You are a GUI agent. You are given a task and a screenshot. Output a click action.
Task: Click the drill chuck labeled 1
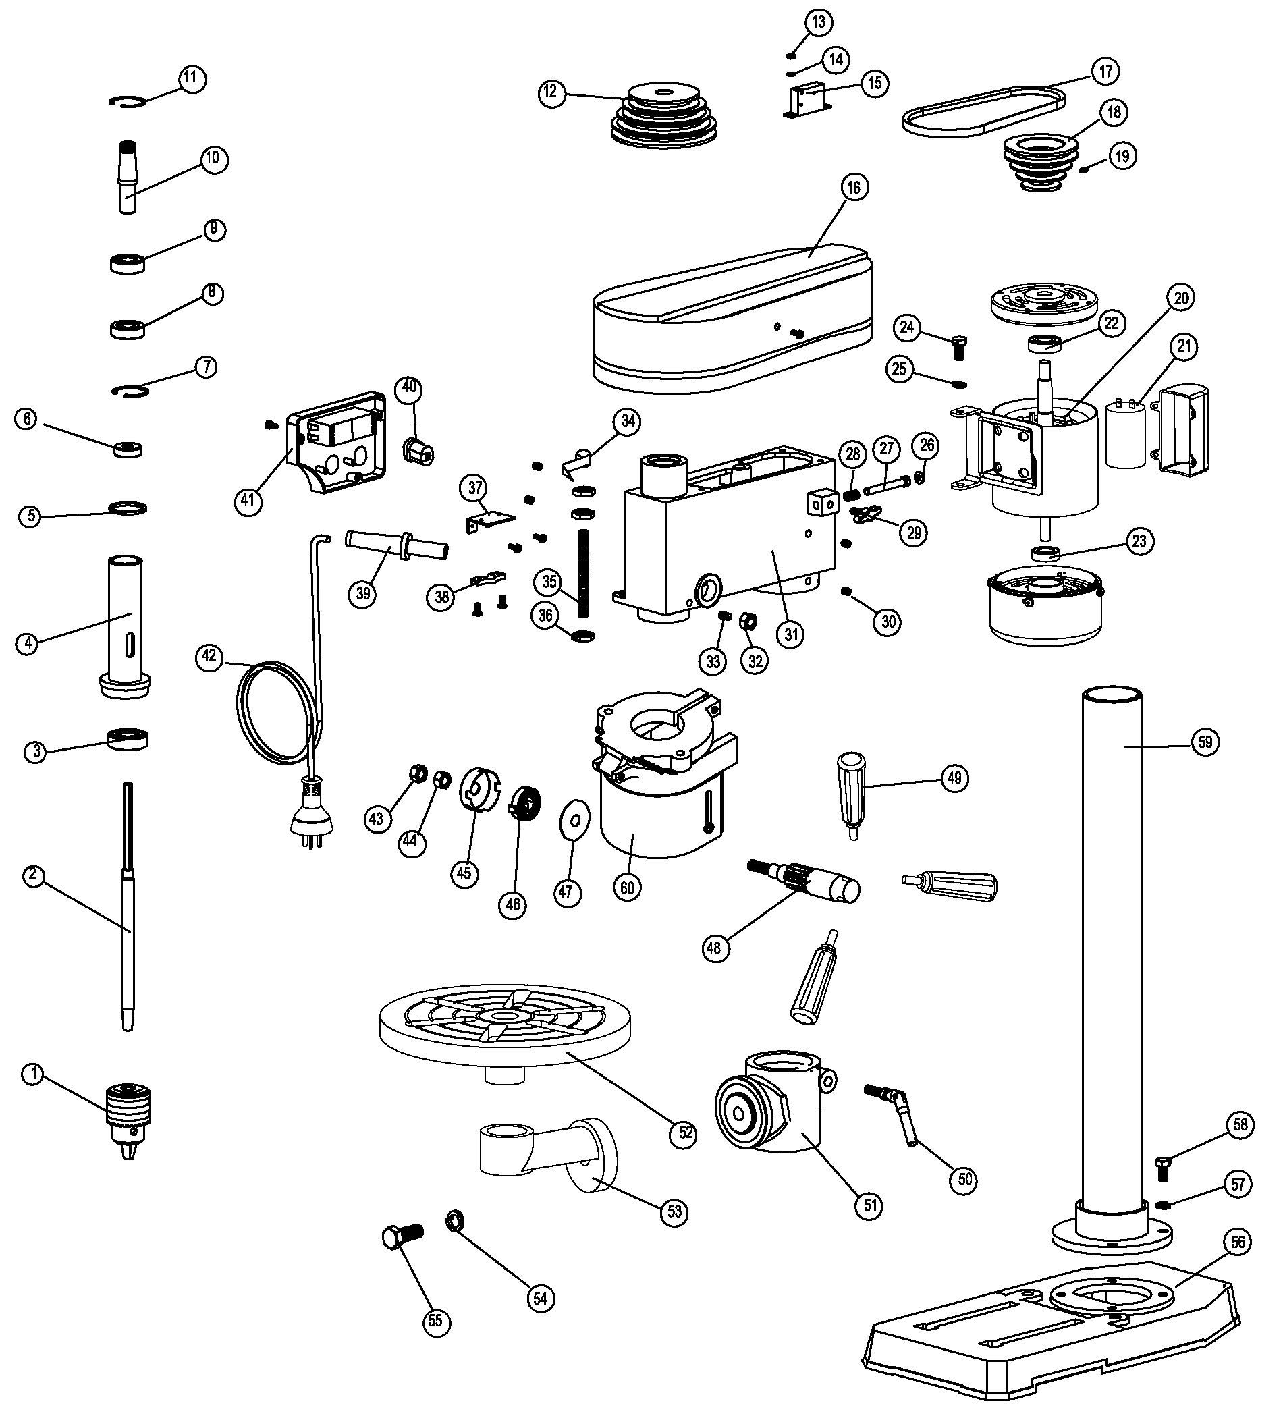point(128,1119)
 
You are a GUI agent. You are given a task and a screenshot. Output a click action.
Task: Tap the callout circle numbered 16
point(854,188)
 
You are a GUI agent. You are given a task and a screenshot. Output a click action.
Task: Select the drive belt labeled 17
point(985,113)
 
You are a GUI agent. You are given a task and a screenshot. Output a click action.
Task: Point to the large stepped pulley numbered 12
point(663,116)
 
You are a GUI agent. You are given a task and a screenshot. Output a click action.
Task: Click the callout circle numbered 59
point(1205,742)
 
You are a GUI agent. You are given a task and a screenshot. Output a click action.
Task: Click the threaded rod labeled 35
point(582,573)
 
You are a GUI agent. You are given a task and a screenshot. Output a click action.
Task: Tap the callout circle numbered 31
point(791,635)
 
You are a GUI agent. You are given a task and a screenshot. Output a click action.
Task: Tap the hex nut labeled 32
point(748,621)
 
